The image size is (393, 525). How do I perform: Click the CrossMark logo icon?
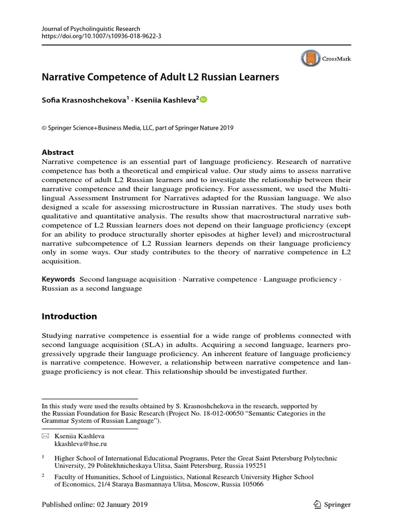(x=310, y=59)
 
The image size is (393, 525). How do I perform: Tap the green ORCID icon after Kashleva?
(x=203, y=100)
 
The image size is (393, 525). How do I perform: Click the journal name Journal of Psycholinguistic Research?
(x=91, y=29)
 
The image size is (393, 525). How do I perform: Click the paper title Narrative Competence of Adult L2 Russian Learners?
(x=160, y=77)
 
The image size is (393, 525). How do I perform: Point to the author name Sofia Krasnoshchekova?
(x=83, y=100)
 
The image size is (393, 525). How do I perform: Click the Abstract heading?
(x=57, y=152)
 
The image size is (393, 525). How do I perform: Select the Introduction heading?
(x=69, y=316)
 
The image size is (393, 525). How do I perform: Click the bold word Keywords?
(x=58, y=279)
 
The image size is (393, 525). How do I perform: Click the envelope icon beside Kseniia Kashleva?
(x=46, y=435)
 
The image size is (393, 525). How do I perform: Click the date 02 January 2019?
(x=121, y=504)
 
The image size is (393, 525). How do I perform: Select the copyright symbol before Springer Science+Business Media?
(x=44, y=128)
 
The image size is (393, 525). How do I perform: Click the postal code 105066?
(x=248, y=484)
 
